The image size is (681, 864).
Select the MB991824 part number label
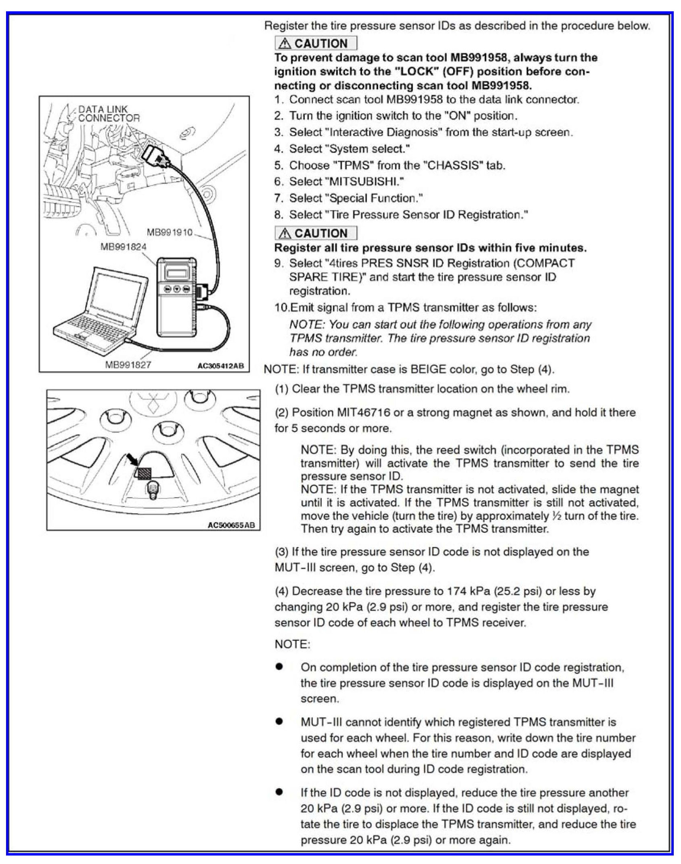123,246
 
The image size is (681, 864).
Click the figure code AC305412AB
220,366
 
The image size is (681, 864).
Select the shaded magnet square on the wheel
144,473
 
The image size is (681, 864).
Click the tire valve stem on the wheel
153,490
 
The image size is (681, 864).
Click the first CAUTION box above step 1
316,43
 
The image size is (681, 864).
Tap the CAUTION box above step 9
316,233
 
